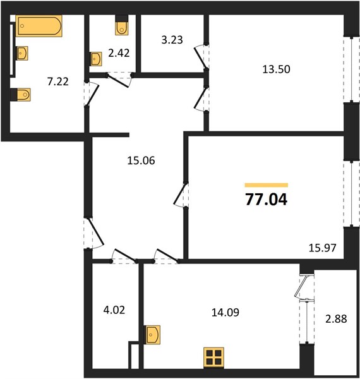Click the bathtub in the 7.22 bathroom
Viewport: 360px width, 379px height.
(39, 26)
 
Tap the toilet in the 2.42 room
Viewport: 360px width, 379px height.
(121, 25)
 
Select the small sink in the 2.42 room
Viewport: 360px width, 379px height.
(97, 59)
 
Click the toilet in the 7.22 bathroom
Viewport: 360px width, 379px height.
(21, 95)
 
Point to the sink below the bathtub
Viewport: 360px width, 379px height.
(22, 53)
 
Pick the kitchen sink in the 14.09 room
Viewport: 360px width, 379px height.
(153, 335)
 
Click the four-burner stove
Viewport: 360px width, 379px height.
(213, 358)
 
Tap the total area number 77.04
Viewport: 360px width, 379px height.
(267, 200)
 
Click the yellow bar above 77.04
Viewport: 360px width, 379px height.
(267, 185)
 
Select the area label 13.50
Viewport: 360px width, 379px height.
(276, 69)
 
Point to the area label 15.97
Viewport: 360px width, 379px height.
(323, 248)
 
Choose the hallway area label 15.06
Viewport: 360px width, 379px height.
(141, 160)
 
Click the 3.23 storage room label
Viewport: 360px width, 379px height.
(172, 40)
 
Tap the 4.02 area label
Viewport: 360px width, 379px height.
(114, 310)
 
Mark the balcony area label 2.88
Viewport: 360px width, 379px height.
(336, 319)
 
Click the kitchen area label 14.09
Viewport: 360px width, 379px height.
(225, 313)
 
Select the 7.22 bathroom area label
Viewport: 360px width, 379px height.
(57, 81)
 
